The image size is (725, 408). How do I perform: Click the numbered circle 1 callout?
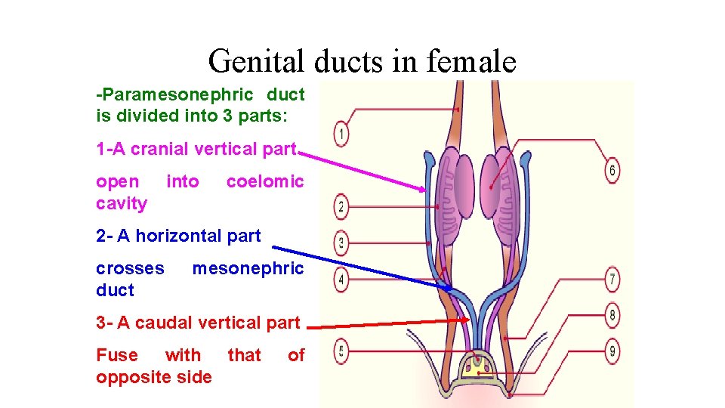(x=341, y=134)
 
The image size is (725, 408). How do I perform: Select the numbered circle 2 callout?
(x=341, y=206)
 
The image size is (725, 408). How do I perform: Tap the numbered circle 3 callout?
(x=341, y=243)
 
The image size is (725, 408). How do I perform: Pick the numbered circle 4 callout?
(x=341, y=280)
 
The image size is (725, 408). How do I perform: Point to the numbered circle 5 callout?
(x=341, y=351)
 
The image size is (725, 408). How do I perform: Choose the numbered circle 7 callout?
(x=612, y=279)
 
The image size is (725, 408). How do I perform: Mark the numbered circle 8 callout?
(x=612, y=314)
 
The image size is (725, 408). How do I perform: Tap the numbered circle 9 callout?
(x=612, y=350)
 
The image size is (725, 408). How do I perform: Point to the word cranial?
(x=159, y=149)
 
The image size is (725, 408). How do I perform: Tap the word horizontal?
(x=184, y=236)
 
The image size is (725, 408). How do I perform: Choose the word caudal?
(x=165, y=323)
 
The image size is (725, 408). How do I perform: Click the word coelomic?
(x=265, y=181)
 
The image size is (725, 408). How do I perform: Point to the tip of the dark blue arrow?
(x=452, y=289)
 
